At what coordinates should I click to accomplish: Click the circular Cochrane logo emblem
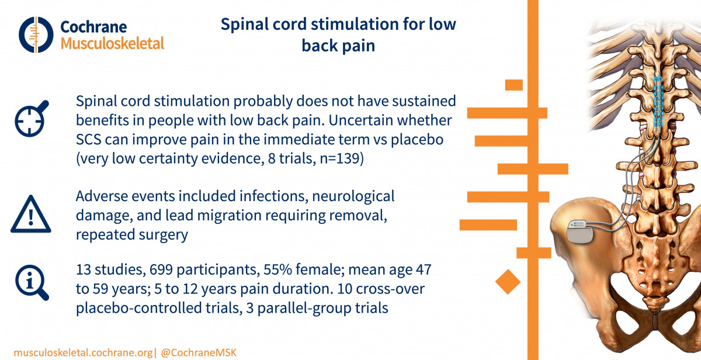(36, 34)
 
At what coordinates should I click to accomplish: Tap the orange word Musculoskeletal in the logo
(112, 43)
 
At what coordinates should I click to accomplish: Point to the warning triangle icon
(30, 214)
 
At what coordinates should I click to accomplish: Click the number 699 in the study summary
(161, 269)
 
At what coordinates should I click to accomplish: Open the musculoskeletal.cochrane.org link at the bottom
(83, 353)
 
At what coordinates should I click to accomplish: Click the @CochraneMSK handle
(199, 353)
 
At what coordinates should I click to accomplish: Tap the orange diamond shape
(508, 282)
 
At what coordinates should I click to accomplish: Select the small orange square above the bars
(514, 85)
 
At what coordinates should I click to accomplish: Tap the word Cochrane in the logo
(93, 27)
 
